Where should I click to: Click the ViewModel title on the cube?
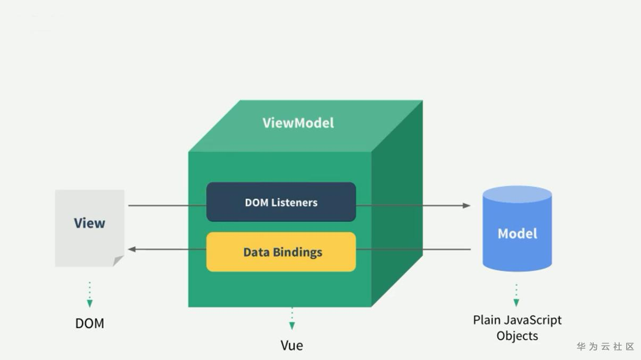pyautogui.click(x=298, y=123)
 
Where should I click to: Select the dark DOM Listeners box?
pyautogui.click(x=281, y=202)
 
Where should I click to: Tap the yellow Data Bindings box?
pyautogui.click(x=281, y=252)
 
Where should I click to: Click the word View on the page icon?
pyautogui.click(x=89, y=223)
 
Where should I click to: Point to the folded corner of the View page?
pyautogui.click(x=118, y=261)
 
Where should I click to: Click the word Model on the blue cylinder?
pyautogui.click(x=517, y=233)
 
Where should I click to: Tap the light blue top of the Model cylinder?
pyautogui.click(x=517, y=194)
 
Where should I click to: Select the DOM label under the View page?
pyautogui.click(x=89, y=323)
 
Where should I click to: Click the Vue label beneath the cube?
pyautogui.click(x=292, y=346)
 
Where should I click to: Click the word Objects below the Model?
pyautogui.click(x=517, y=336)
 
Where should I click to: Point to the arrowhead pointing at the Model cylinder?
pyautogui.click(x=467, y=205)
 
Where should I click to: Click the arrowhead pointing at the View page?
pyautogui.click(x=132, y=249)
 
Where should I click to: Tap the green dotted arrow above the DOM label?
pyautogui.click(x=89, y=295)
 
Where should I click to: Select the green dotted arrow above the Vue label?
pyautogui.click(x=292, y=319)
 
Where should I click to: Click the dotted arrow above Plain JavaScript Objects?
pyautogui.click(x=516, y=296)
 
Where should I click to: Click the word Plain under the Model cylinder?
pyautogui.click(x=486, y=321)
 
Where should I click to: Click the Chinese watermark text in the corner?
pyautogui.click(x=605, y=347)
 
